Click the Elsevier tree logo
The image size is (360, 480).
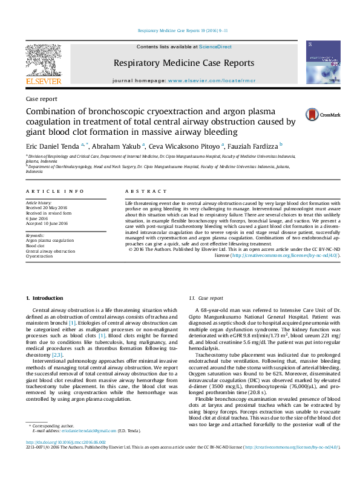[x=43, y=63]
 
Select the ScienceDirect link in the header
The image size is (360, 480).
[x=215, y=47]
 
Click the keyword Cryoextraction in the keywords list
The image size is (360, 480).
[x=39, y=256]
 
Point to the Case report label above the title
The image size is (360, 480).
[x=41, y=99]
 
